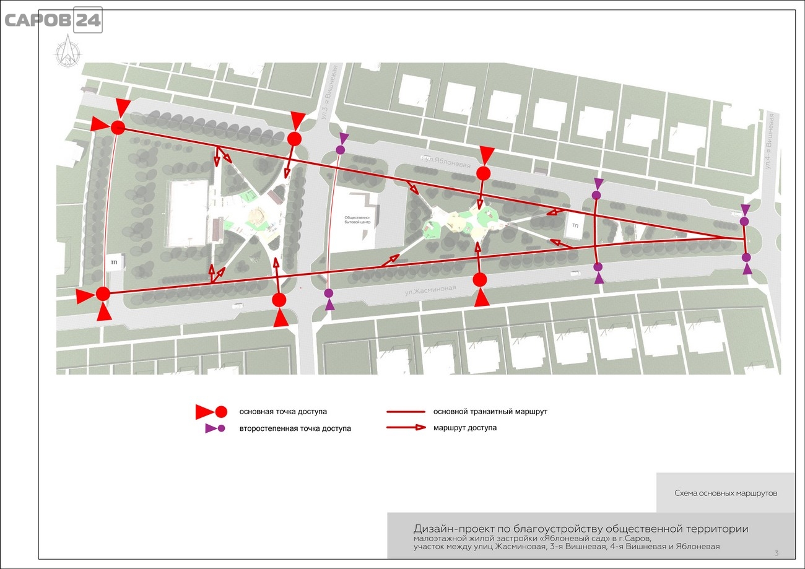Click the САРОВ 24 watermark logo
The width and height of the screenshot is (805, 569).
(53, 20)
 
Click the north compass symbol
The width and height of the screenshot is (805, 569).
(67, 51)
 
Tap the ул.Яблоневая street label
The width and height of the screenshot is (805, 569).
(448, 162)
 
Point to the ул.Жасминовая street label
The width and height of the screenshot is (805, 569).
(430, 290)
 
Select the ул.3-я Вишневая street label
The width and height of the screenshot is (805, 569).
(329, 93)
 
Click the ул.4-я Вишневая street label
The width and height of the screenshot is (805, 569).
(770, 141)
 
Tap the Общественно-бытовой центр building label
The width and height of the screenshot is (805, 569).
(357, 220)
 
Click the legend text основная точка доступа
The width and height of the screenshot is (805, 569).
(283, 412)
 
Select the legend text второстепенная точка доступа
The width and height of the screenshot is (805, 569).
(295, 428)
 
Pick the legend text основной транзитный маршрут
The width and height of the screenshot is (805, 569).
(490, 412)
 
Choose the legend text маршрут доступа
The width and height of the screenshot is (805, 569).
(465, 428)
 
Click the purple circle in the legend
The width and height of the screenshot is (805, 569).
(222, 428)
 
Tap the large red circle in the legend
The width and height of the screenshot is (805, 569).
(221, 412)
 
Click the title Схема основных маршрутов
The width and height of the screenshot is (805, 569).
(726, 493)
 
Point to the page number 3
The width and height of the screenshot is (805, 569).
(777, 553)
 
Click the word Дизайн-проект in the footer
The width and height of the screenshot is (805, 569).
(454, 529)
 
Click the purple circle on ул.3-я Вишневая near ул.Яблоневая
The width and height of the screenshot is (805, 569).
(341, 150)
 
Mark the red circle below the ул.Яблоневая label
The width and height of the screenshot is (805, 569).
(484, 173)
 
